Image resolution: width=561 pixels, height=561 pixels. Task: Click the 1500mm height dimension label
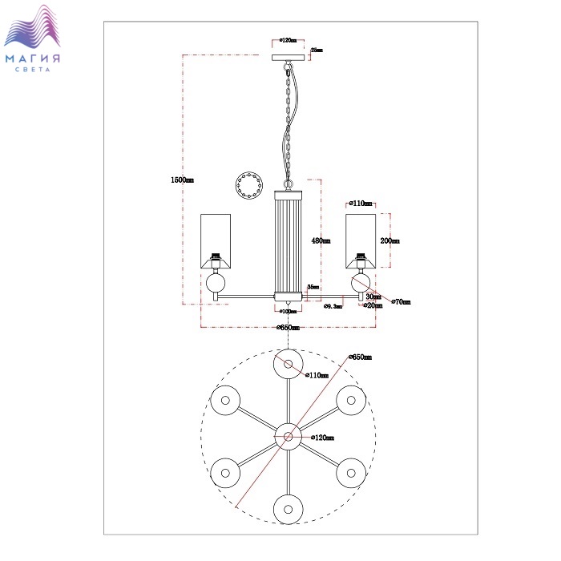[183, 180]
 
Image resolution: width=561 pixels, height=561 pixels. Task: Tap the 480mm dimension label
[321, 240]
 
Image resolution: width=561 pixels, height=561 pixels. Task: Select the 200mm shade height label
[390, 240]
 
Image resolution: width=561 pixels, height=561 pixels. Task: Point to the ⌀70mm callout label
[401, 302]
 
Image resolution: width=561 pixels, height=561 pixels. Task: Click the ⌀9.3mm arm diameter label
[333, 306]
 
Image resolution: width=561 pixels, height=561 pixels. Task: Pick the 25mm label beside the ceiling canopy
[317, 50]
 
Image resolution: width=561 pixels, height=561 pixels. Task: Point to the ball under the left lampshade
[216, 283]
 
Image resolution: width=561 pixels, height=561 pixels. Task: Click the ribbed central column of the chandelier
[289, 240]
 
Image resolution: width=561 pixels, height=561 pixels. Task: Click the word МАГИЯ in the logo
[33, 59]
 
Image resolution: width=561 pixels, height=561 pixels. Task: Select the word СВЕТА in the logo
[33, 71]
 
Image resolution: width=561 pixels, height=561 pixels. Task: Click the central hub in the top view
[289, 437]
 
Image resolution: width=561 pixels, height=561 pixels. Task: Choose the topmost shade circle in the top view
[289, 364]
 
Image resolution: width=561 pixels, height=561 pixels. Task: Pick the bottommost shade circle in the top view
[289, 509]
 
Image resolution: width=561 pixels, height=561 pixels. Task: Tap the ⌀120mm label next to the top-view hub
[322, 438]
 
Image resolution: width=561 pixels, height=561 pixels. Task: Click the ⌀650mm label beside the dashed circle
[361, 357]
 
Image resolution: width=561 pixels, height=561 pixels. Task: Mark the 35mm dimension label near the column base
[315, 286]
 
